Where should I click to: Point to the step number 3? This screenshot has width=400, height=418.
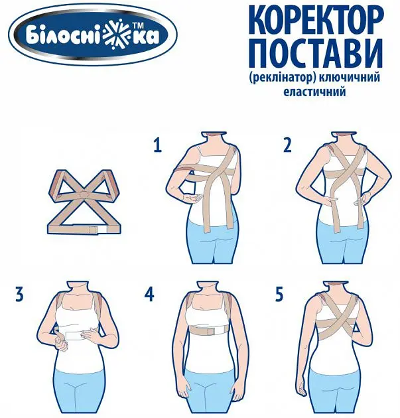[x=19, y=295]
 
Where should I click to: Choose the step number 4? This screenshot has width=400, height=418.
[x=149, y=295]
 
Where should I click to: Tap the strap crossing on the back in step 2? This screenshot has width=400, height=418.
[x=344, y=176]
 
